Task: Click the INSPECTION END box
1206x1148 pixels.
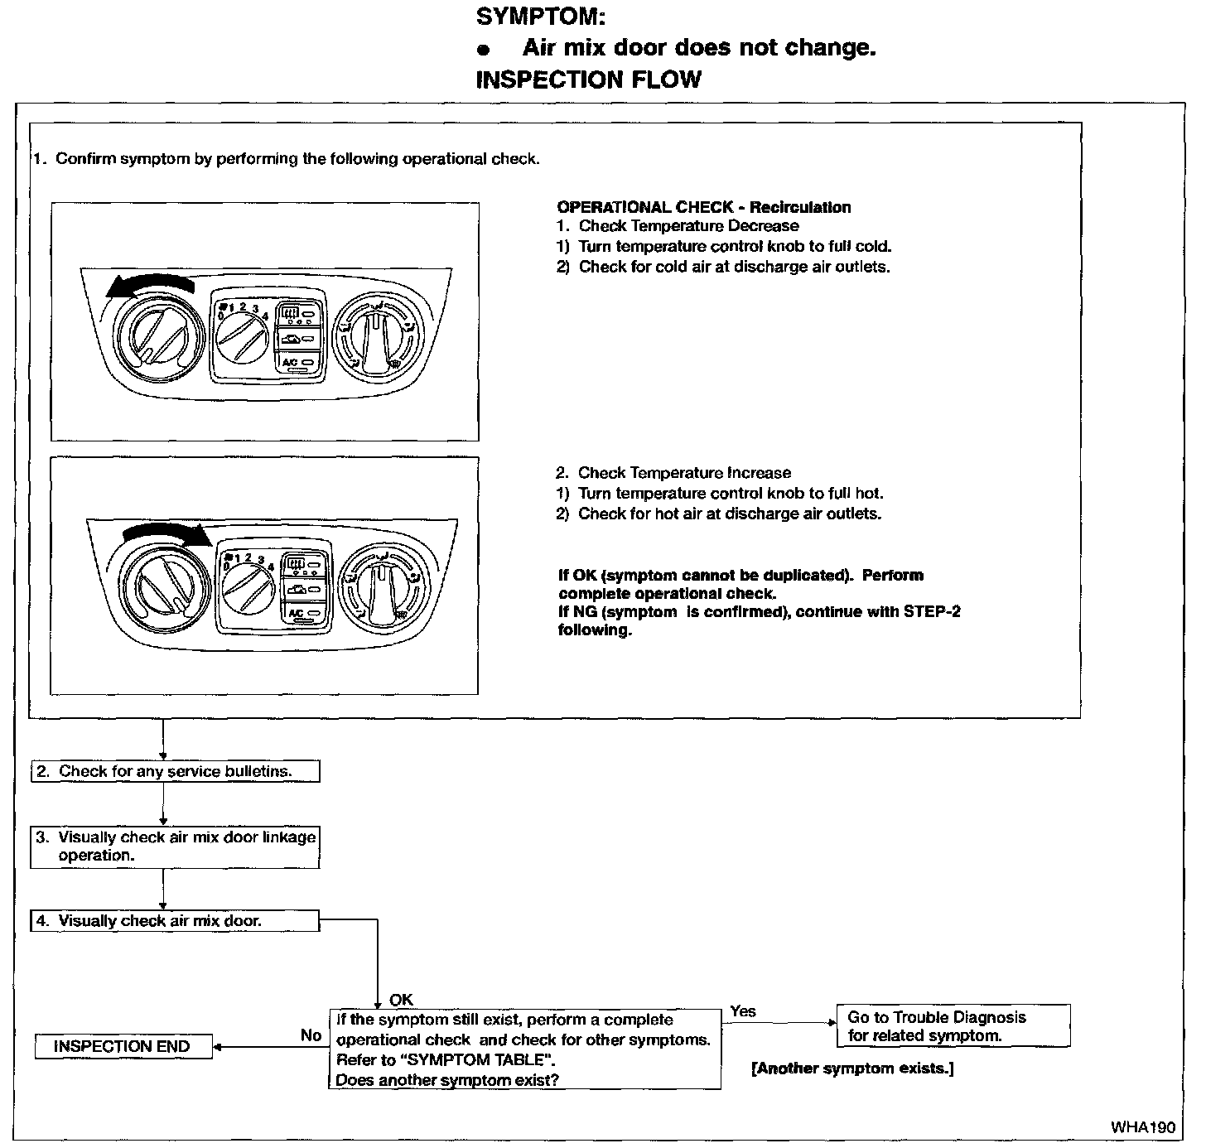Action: coord(123,1046)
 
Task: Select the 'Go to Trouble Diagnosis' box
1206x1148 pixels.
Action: coord(953,1026)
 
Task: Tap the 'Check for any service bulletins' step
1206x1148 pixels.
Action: coord(175,771)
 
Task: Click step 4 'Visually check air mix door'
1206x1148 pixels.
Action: coord(175,921)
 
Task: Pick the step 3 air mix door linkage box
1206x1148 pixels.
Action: coord(175,847)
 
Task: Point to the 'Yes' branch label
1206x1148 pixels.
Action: coord(743,1011)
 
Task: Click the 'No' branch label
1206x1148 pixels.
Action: coord(311,1035)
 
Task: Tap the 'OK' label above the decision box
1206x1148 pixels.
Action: coord(401,1000)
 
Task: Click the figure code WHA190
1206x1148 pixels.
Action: coord(1143,1127)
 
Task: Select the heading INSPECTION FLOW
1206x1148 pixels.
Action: coord(588,80)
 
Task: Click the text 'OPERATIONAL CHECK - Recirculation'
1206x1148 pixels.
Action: coord(704,207)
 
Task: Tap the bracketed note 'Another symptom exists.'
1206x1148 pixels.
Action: coord(852,1068)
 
